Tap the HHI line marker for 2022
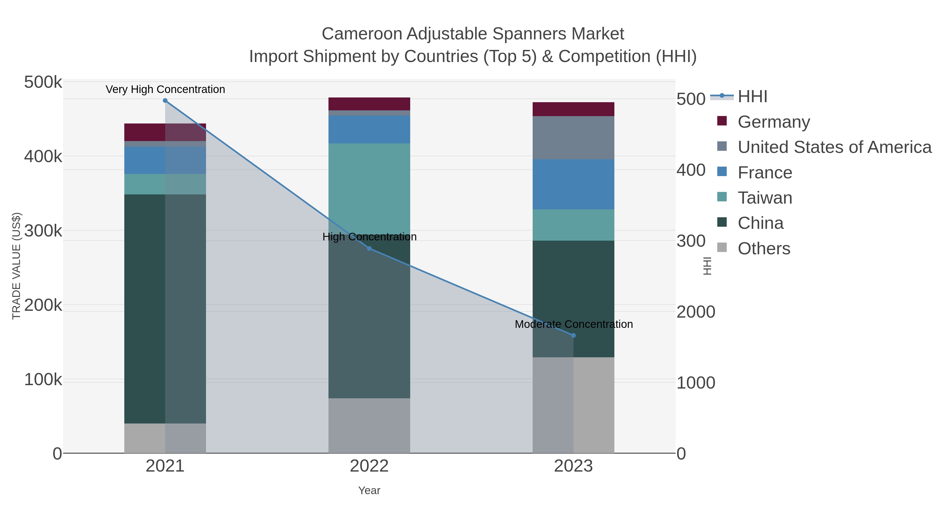(x=369, y=249)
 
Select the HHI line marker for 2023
(x=573, y=335)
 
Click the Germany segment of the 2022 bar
(x=369, y=104)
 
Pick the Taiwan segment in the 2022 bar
(x=369, y=184)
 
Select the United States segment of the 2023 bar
(x=573, y=138)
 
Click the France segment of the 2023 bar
(x=573, y=184)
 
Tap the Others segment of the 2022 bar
(x=369, y=426)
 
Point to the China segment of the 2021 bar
(x=145, y=308)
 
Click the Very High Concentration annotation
(x=165, y=90)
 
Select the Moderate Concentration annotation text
(x=574, y=324)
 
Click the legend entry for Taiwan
(x=765, y=198)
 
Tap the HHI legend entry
(x=752, y=97)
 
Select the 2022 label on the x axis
(x=369, y=467)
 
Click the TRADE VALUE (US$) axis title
(x=17, y=266)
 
